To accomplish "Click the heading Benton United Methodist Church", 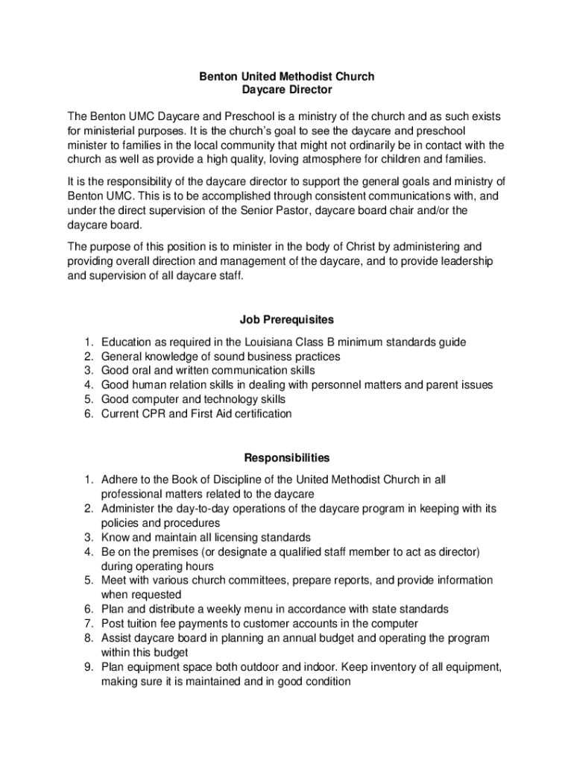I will tap(286, 76).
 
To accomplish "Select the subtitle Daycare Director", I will tap(286, 90).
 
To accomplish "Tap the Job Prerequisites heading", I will tap(286, 319).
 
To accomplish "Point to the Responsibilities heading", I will tap(286, 457).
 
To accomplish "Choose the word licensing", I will tap(227, 537).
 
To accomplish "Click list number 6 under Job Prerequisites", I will tap(87, 413).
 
